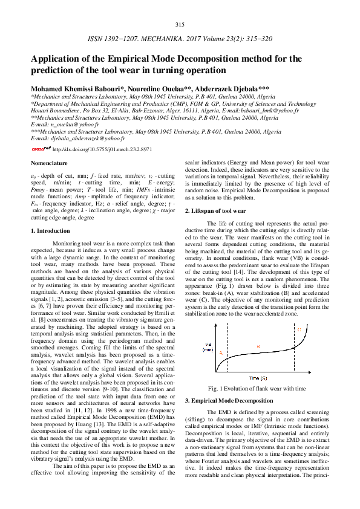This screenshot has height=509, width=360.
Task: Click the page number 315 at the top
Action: pos(180,24)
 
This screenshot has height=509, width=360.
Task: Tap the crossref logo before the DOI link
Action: pos(41,148)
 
